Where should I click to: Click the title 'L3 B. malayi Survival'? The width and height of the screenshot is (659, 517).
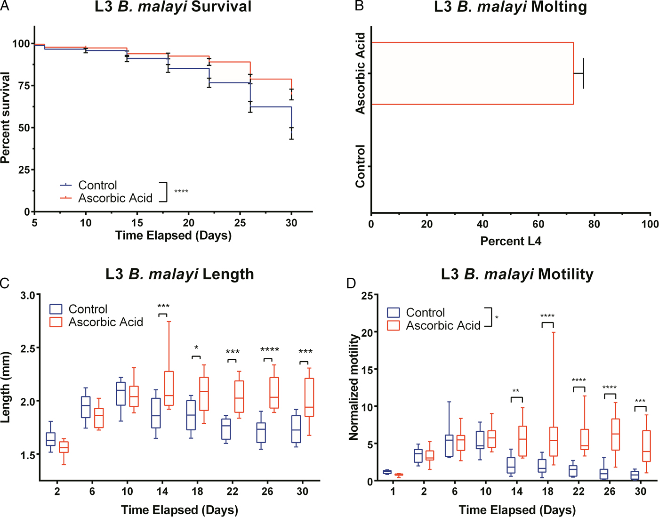tap(173, 7)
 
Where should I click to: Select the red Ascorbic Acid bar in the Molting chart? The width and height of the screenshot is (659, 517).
tap(472, 73)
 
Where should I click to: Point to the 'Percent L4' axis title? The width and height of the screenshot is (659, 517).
tap(511, 242)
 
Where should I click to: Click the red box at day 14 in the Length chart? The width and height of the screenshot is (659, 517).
tap(169, 388)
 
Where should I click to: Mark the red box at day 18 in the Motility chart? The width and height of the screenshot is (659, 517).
tap(554, 442)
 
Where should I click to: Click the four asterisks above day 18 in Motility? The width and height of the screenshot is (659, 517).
tap(547, 316)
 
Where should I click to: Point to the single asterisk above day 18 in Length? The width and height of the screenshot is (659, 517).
tap(196, 348)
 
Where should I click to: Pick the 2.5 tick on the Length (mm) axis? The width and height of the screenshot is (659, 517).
tap(28, 348)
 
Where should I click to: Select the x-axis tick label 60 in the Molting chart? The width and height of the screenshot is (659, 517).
tap(538, 224)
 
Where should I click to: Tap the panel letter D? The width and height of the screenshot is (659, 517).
tap(351, 283)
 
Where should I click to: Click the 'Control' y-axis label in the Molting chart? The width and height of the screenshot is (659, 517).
tap(360, 166)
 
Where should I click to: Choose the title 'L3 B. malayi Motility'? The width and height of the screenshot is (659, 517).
tap(517, 274)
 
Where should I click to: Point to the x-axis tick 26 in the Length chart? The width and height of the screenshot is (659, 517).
tap(267, 492)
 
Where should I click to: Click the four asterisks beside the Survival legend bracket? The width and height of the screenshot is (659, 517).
tap(181, 192)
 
